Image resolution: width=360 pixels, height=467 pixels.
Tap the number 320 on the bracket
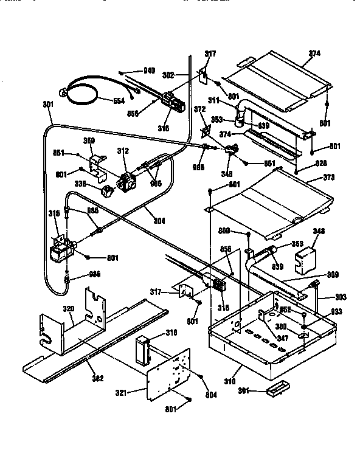click(70, 309)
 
